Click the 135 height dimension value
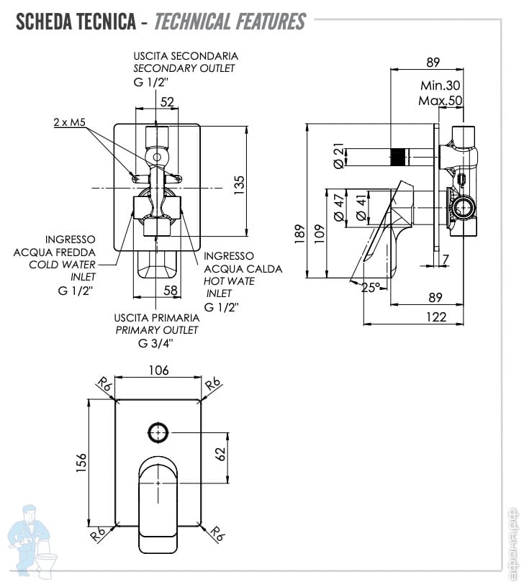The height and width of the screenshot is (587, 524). point(239,185)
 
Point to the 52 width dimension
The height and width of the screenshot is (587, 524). point(167,102)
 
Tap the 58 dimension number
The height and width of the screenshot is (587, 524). point(171,290)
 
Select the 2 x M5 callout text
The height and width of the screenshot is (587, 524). point(70,122)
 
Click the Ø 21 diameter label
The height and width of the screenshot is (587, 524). point(338,155)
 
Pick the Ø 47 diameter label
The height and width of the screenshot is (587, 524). point(338,207)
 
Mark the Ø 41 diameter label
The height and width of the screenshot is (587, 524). point(361,207)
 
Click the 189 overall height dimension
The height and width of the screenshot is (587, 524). point(299,235)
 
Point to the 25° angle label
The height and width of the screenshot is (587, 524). point(371,288)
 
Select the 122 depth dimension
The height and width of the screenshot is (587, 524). point(436,317)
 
